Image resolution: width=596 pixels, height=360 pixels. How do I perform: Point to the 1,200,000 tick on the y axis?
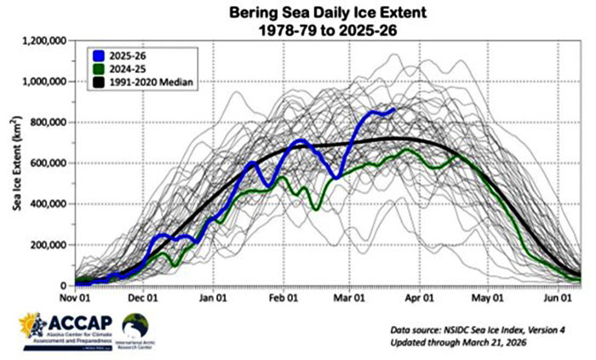coord(47,41)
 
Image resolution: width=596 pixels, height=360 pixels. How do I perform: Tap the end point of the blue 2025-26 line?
coord(393,109)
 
